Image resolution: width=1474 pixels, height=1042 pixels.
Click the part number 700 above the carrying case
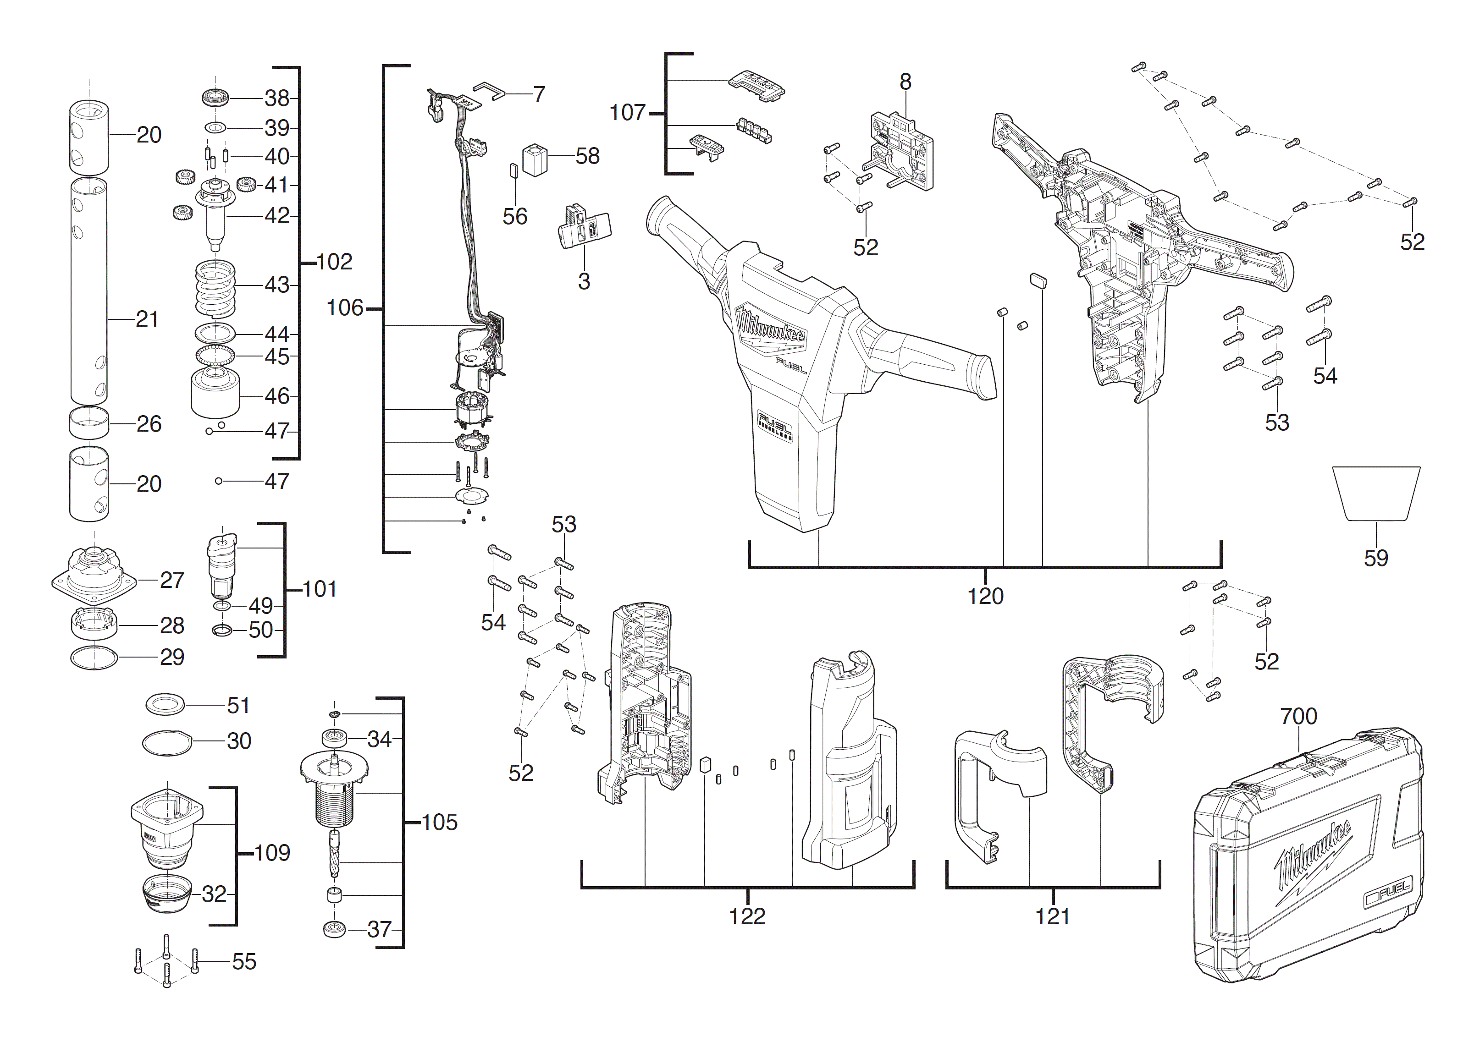pos(1298,716)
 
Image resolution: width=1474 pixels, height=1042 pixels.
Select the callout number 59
pos(1376,558)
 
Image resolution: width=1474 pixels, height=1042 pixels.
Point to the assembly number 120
pos(985,596)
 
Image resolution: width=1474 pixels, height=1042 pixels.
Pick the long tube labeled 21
pos(88,292)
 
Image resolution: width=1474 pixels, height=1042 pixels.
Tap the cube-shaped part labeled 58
pos(535,160)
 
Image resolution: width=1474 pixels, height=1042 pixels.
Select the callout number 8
pos(905,82)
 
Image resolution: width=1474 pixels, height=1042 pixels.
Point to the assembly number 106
pos(345,308)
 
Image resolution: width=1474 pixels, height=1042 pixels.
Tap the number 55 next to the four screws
pos(244,961)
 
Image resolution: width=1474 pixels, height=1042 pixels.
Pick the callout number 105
pos(439,823)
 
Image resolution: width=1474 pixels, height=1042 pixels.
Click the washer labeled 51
pos(165,704)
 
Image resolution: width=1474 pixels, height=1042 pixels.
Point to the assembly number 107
pos(627,113)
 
